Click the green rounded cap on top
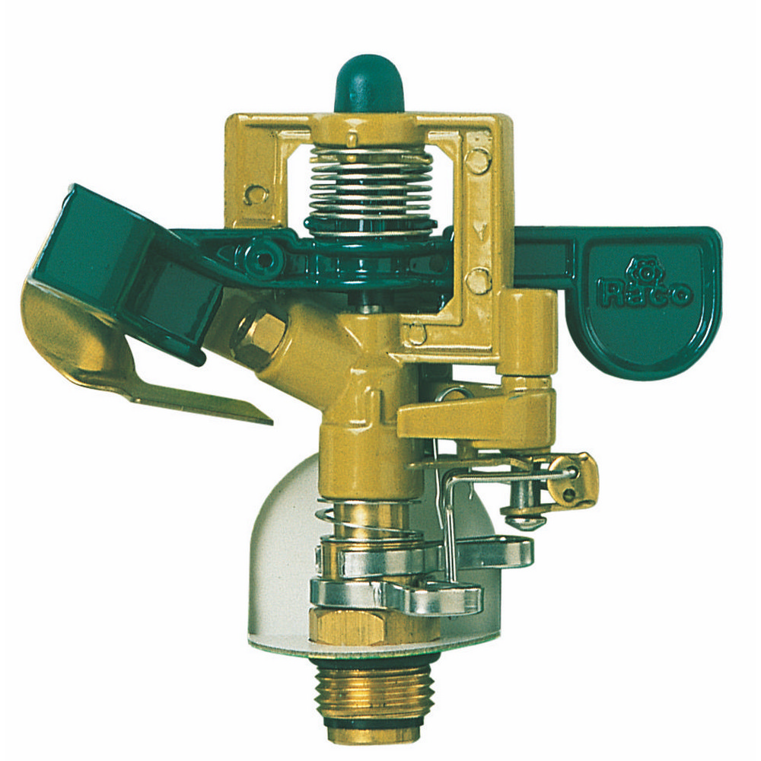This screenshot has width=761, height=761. pyautogui.click(x=369, y=85)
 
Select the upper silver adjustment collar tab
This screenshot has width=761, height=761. pyautogui.click(x=486, y=552)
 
